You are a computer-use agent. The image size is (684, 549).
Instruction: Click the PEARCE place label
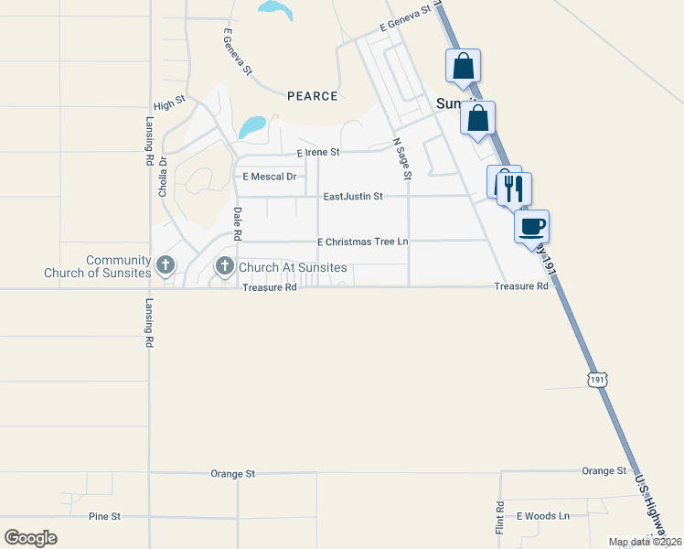[x=312, y=96]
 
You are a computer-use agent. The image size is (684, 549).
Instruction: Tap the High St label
[x=170, y=105]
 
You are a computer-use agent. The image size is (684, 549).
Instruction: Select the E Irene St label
[x=318, y=152]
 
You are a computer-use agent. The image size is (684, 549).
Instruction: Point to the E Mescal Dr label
[x=269, y=177]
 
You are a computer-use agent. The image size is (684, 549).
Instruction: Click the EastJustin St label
[x=353, y=196]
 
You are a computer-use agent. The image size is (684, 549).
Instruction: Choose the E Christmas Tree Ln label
[x=362, y=242]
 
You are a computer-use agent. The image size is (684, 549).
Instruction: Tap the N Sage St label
[x=403, y=158]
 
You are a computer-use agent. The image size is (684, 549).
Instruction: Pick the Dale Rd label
[x=238, y=225]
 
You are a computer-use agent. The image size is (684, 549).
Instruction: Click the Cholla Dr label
[x=163, y=178]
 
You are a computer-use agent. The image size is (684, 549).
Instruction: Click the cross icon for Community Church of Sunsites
[x=165, y=266]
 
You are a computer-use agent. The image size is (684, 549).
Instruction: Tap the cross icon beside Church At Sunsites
[x=224, y=266]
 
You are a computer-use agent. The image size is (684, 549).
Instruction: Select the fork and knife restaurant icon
[x=514, y=188]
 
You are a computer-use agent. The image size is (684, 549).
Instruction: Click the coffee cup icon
[x=532, y=226]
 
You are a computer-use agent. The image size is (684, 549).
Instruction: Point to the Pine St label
[x=104, y=517]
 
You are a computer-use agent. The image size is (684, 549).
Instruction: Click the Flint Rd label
[x=500, y=518]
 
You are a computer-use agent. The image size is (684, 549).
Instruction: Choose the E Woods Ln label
[x=543, y=516]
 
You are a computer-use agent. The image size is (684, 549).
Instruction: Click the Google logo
[x=30, y=537]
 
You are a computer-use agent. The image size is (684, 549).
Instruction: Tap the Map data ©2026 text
[x=645, y=542]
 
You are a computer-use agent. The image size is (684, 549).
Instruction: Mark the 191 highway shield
[x=596, y=379]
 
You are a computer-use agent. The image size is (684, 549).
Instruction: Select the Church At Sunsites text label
[x=293, y=267]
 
